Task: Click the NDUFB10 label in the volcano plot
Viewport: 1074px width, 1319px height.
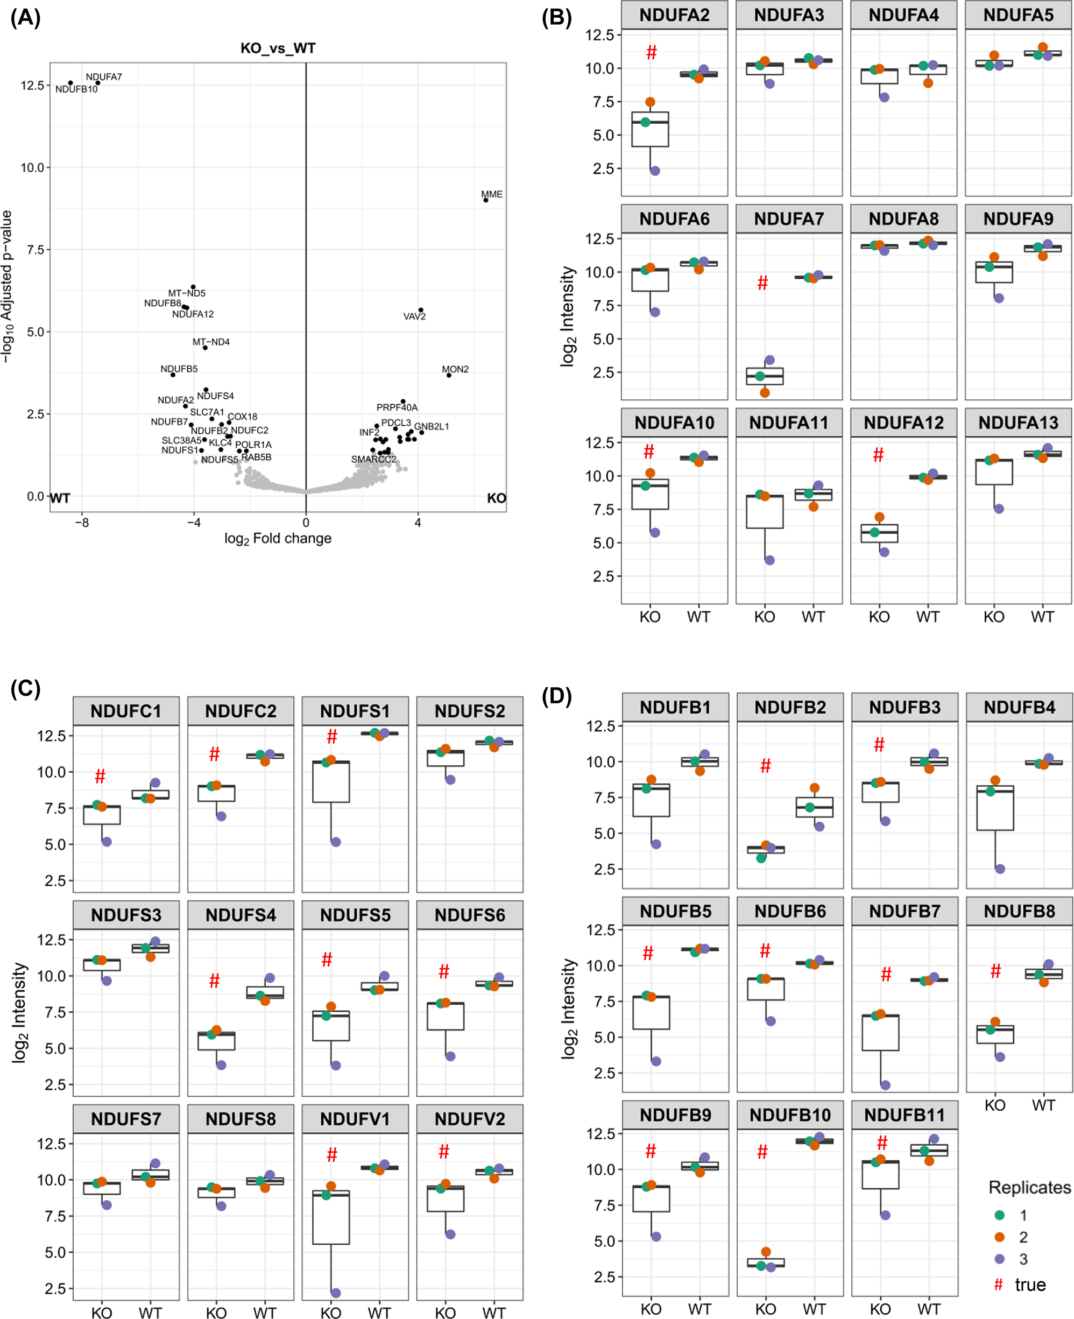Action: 76,89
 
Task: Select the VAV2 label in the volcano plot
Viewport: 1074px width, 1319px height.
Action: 414,316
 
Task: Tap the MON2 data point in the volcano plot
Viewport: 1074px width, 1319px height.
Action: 449,375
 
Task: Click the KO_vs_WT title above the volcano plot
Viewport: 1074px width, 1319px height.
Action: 278,48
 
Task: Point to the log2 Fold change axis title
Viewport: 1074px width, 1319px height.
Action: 278,538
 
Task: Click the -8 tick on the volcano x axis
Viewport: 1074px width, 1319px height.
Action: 82,523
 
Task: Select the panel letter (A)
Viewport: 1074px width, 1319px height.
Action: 25,17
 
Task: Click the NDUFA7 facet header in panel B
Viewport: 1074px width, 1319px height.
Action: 789,219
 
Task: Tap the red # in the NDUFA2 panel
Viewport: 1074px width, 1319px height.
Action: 652,53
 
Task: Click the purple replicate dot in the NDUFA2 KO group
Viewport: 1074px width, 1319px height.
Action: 655,171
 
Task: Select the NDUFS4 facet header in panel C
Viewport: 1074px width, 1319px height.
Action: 241,915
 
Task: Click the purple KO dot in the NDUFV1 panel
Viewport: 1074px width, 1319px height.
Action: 335,1293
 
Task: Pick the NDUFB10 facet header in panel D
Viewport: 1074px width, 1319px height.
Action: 790,1115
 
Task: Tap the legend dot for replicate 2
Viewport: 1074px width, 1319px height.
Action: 999,1237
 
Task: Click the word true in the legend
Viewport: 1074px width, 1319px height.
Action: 1030,1285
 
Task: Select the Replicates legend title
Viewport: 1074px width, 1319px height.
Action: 1029,1187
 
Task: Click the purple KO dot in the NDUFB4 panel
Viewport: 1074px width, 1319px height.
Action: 1000,869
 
